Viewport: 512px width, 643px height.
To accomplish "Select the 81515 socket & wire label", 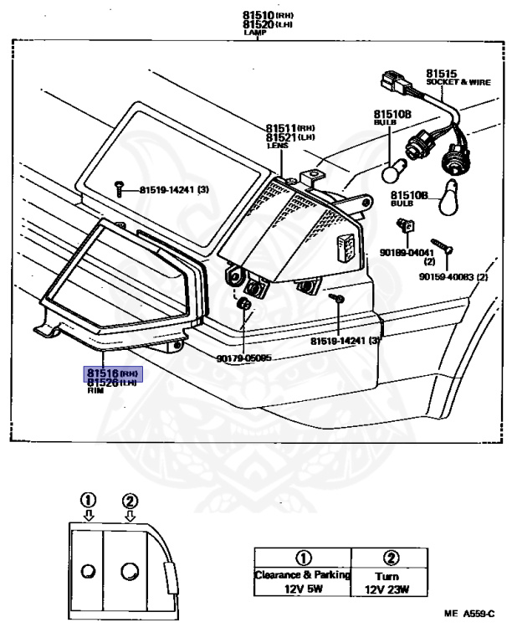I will pos(442,74).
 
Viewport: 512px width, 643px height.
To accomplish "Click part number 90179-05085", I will pos(243,356).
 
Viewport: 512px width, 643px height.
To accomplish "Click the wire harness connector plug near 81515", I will pos(389,81).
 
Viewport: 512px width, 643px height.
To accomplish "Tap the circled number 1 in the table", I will pos(301,558).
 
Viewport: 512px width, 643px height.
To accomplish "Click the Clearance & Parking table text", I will pos(301,575).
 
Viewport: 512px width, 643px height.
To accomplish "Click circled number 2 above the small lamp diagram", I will pos(129,501).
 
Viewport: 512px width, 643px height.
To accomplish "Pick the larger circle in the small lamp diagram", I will pos(130,572).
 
